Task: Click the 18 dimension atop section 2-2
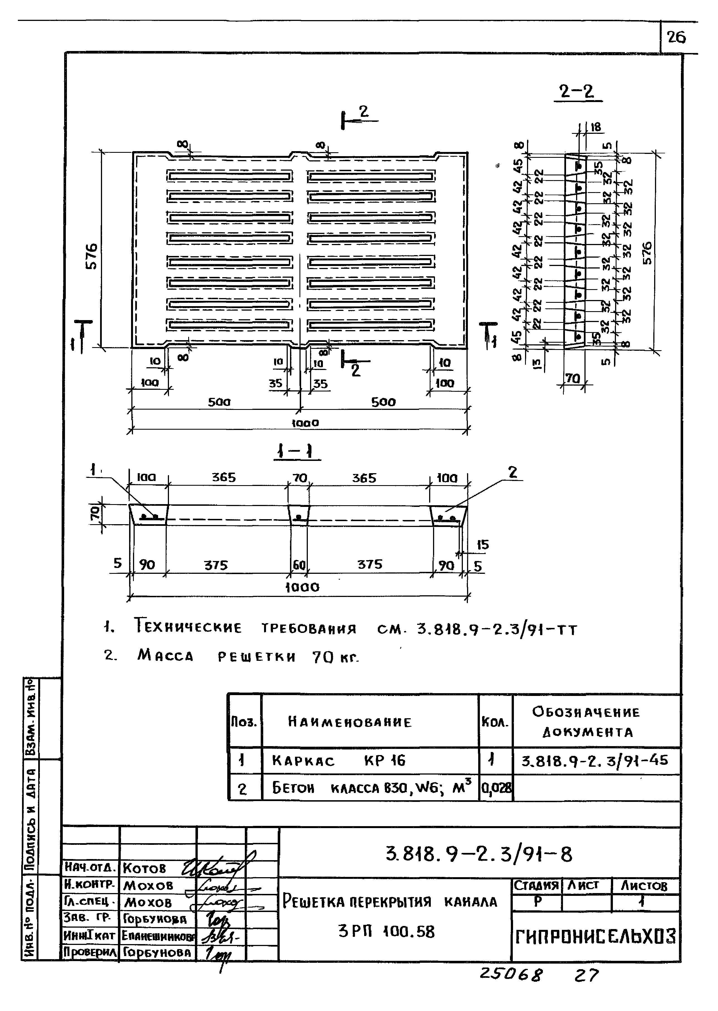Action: coord(596,127)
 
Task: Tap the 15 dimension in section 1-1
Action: coord(482,545)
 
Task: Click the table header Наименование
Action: coord(350,722)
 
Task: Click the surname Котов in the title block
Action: coord(144,868)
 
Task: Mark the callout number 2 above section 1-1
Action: coord(512,473)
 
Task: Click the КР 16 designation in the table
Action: coord(384,761)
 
